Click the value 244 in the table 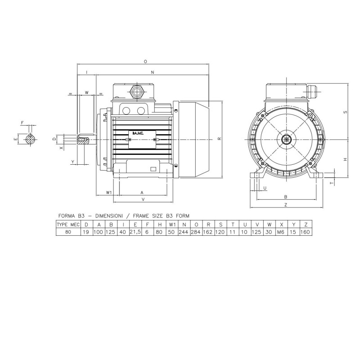tap(184, 232)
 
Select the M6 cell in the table tap(280, 232)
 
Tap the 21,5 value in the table tap(135, 232)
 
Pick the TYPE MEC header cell tap(68, 225)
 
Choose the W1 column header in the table tap(171, 225)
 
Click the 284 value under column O tap(196, 232)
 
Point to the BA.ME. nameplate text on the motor tap(138, 133)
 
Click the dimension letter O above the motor tap(145, 62)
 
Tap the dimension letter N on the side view tap(153, 72)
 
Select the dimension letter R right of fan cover tap(220, 139)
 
